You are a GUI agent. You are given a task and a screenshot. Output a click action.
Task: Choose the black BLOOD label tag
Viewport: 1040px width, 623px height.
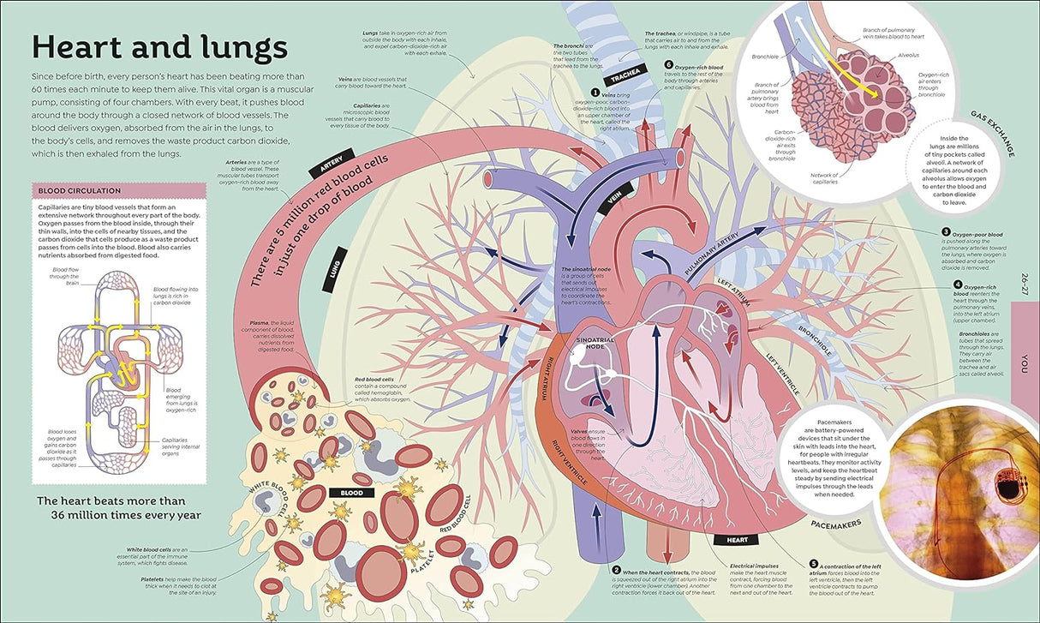click(351, 493)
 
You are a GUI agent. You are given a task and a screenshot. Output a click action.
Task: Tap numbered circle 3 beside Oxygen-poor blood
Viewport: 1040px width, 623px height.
click(946, 231)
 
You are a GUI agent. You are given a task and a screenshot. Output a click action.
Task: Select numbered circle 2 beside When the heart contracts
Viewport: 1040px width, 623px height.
click(616, 570)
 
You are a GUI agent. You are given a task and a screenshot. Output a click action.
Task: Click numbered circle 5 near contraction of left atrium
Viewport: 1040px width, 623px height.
click(813, 564)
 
